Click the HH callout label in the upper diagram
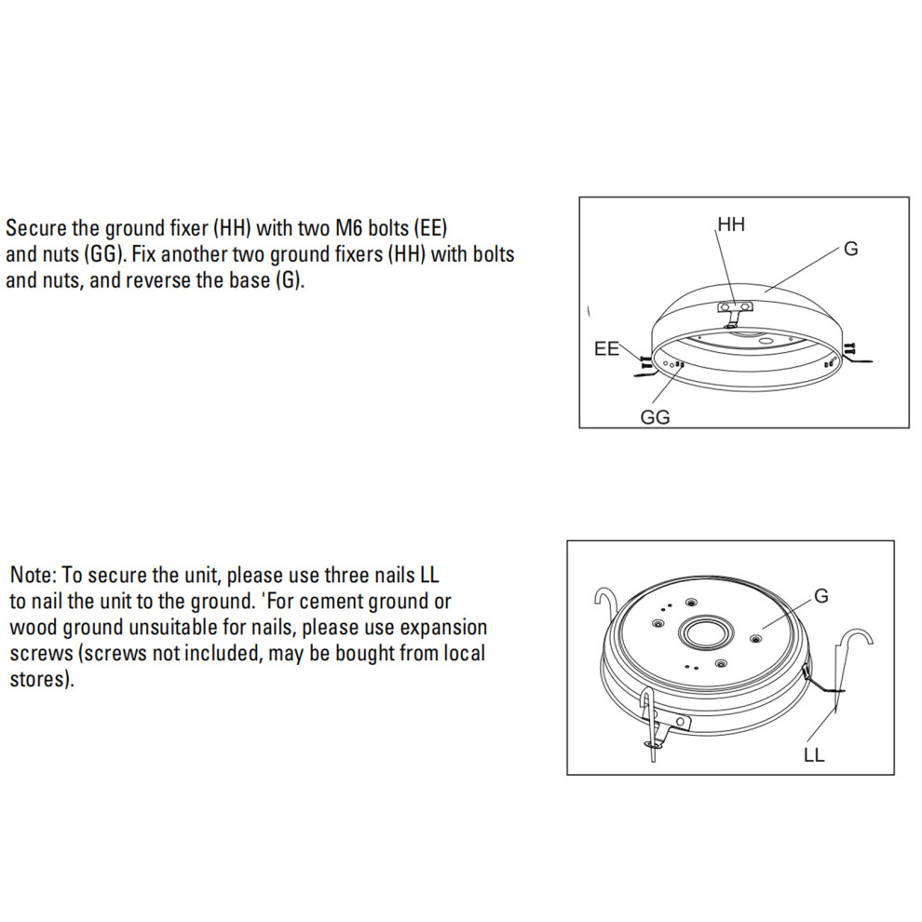[x=731, y=224]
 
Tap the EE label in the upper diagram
[x=607, y=348]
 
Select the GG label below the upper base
[x=655, y=417]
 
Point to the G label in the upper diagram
[x=851, y=249]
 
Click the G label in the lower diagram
[x=821, y=596]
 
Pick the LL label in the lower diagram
[x=814, y=754]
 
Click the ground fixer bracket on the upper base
[x=735, y=313]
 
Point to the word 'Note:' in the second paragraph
[x=33, y=575]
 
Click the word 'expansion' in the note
[x=443, y=628]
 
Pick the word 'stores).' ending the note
[x=42, y=679]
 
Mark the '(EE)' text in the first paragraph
[x=431, y=229]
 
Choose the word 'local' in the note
[x=463, y=653]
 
